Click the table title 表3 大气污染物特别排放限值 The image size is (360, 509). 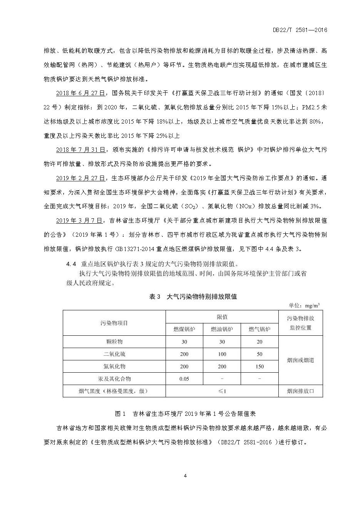(x=193, y=296)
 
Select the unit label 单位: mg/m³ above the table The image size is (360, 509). (x=304, y=306)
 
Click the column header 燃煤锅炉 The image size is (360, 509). (x=184, y=329)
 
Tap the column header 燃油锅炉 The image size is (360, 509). (x=222, y=329)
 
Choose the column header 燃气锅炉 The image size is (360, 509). (x=259, y=329)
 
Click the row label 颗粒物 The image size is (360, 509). (x=114, y=342)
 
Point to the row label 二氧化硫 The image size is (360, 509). (x=114, y=354)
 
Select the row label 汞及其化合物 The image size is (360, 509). (x=114, y=379)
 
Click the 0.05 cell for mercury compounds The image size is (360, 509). (x=184, y=379)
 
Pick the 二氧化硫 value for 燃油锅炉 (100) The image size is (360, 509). (x=222, y=354)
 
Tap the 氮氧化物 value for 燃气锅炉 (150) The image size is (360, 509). (x=259, y=367)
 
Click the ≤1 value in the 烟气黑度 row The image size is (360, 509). (x=222, y=391)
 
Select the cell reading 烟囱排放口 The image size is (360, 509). (x=300, y=391)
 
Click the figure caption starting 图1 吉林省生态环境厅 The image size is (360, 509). (x=185, y=414)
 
